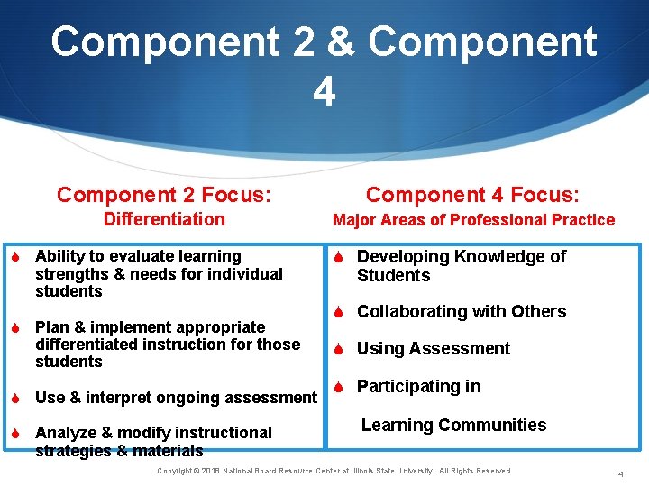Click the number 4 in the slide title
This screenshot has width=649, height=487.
pyautogui.click(x=324, y=91)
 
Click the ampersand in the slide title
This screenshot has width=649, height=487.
pyautogui.click(x=340, y=42)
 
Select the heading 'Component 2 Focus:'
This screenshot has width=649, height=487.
pyautogui.click(x=164, y=195)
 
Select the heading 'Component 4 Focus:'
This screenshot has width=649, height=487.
pyautogui.click(x=473, y=195)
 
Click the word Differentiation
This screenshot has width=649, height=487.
pyautogui.click(x=164, y=219)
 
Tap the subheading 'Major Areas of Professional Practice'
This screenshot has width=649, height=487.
pyautogui.click(x=473, y=220)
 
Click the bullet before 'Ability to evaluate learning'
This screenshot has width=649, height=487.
pyautogui.click(x=16, y=257)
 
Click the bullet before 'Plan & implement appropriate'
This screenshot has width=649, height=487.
pyautogui.click(x=16, y=327)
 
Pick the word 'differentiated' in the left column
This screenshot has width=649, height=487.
pyautogui.click(x=87, y=345)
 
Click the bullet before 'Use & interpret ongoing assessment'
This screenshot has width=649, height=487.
pyautogui.click(x=16, y=398)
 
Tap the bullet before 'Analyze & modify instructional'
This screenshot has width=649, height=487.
pyautogui.click(x=16, y=433)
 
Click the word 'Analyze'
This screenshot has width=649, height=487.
pyautogui.click(x=64, y=433)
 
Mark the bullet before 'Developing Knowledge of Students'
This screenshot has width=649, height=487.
pyautogui.click(x=338, y=257)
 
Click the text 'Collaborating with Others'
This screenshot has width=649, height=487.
pyautogui.click(x=462, y=312)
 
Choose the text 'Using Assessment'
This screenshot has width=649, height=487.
pyautogui.click(x=434, y=349)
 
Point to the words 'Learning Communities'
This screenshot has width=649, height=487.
pyautogui.click(x=453, y=425)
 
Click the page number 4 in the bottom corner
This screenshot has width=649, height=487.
pyautogui.click(x=620, y=474)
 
